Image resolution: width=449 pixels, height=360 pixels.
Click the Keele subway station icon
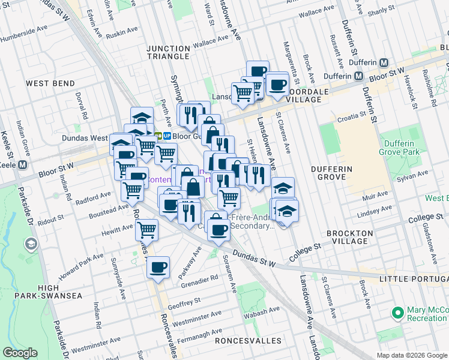click(x=23, y=164)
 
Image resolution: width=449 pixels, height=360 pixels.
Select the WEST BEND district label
click(x=51, y=84)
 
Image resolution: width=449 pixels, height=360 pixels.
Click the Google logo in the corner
click(x=20, y=353)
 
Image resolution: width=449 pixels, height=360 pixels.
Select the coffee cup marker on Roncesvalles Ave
click(x=158, y=268)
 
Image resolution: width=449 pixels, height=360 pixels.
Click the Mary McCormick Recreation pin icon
click(x=397, y=313)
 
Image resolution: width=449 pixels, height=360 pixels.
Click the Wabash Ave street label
click(x=263, y=311)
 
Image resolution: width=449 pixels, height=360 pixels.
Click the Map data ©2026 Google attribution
click(x=411, y=355)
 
